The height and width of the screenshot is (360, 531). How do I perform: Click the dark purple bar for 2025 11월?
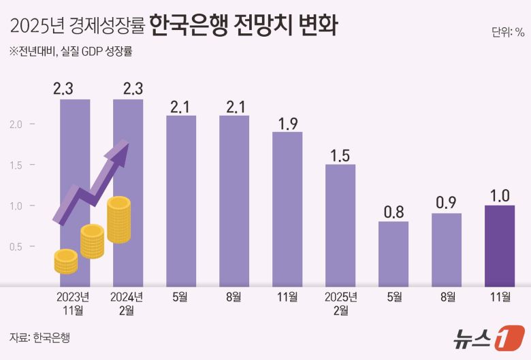point(499,246)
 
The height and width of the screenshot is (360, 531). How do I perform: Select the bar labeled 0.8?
point(393,254)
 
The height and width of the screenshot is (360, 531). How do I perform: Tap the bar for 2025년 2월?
point(340,225)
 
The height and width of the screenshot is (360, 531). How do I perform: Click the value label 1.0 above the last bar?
point(499,195)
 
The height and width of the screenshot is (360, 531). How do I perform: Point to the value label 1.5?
point(340,154)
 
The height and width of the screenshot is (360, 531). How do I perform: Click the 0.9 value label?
point(447,203)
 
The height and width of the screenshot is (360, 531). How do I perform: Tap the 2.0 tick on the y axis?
point(16,125)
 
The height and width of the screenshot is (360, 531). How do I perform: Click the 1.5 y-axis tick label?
point(16,165)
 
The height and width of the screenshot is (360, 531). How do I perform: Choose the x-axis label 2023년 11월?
point(75,304)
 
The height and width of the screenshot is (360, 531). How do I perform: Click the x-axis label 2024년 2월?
point(128,304)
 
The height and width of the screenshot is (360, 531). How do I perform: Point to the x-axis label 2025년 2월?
point(340,304)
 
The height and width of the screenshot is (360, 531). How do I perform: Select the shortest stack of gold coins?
point(66,261)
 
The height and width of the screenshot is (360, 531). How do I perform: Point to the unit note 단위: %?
point(507,31)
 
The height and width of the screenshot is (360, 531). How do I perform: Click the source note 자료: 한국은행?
point(39,338)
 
